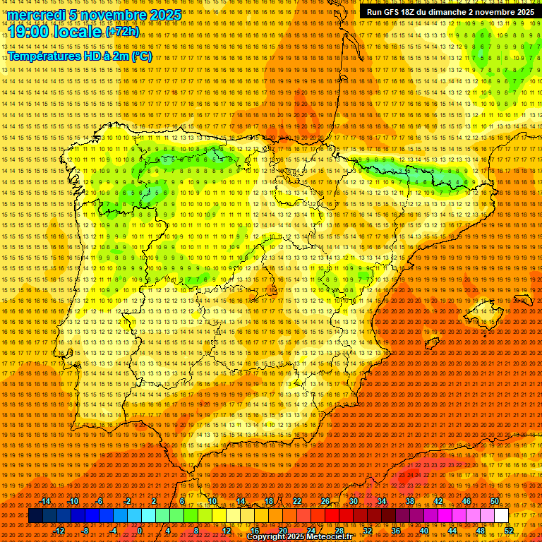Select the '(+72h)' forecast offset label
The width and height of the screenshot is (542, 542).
tap(123, 32)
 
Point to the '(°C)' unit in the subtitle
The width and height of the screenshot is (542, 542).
tap(141, 56)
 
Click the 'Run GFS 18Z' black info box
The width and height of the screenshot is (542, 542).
tap(450, 11)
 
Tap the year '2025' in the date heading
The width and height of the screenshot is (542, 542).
tap(162, 15)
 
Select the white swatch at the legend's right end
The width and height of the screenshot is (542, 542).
tap(501, 516)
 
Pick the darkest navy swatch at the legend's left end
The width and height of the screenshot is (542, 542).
tap(35, 516)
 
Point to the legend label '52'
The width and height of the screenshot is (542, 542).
tap(509, 531)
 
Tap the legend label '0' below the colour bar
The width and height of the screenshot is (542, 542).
tap(140, 531)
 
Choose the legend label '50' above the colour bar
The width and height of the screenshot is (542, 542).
tap(495, 501)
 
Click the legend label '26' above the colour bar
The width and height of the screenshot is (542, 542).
tap(325, 501)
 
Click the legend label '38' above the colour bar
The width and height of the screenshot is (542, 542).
tap(410, 501)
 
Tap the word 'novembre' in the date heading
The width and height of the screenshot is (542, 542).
tap(113, 15)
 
